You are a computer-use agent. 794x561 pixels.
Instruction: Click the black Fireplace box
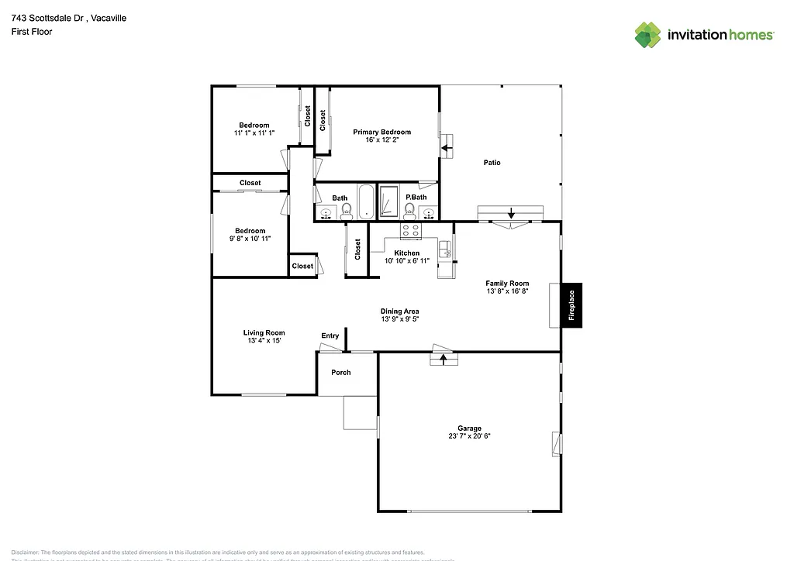click(x=572, y=305)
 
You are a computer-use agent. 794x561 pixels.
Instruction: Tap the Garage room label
click(x=469, y=428)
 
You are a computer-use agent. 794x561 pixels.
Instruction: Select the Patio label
click(x=492, y=163)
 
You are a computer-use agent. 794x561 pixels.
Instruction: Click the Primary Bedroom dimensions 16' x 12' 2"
click(x=381, y=140)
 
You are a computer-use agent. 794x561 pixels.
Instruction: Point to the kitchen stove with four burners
click(x=410, y=230)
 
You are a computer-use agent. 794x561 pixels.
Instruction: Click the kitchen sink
click(x=446, y=250)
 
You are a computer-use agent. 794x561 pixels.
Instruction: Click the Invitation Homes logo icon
click(x=648, y=35)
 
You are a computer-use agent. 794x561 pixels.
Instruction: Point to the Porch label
click(x=341, y=373)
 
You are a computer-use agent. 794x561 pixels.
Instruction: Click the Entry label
click(x=330, y=336)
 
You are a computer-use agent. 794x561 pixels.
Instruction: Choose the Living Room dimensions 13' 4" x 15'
click(x=264, y=341)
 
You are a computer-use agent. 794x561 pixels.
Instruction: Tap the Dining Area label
click(x=399, y=311)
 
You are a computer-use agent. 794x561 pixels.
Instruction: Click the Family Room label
click(x=507, y=284)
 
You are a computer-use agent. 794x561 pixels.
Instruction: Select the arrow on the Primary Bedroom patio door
click(x=447, y=146)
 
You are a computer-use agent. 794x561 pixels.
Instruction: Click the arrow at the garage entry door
click(x=444, y=359)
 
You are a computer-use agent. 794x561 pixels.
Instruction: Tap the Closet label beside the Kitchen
click(x=357, y=249)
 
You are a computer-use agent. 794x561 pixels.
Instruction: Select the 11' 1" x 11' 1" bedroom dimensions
click(x=254, y=133)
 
